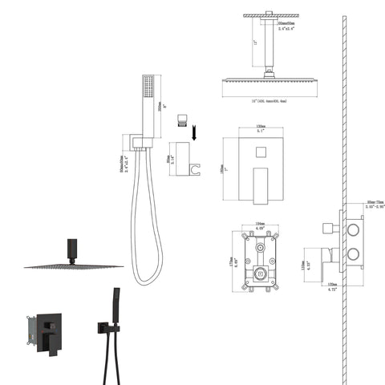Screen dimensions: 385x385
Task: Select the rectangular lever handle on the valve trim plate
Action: tap(260, 182)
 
